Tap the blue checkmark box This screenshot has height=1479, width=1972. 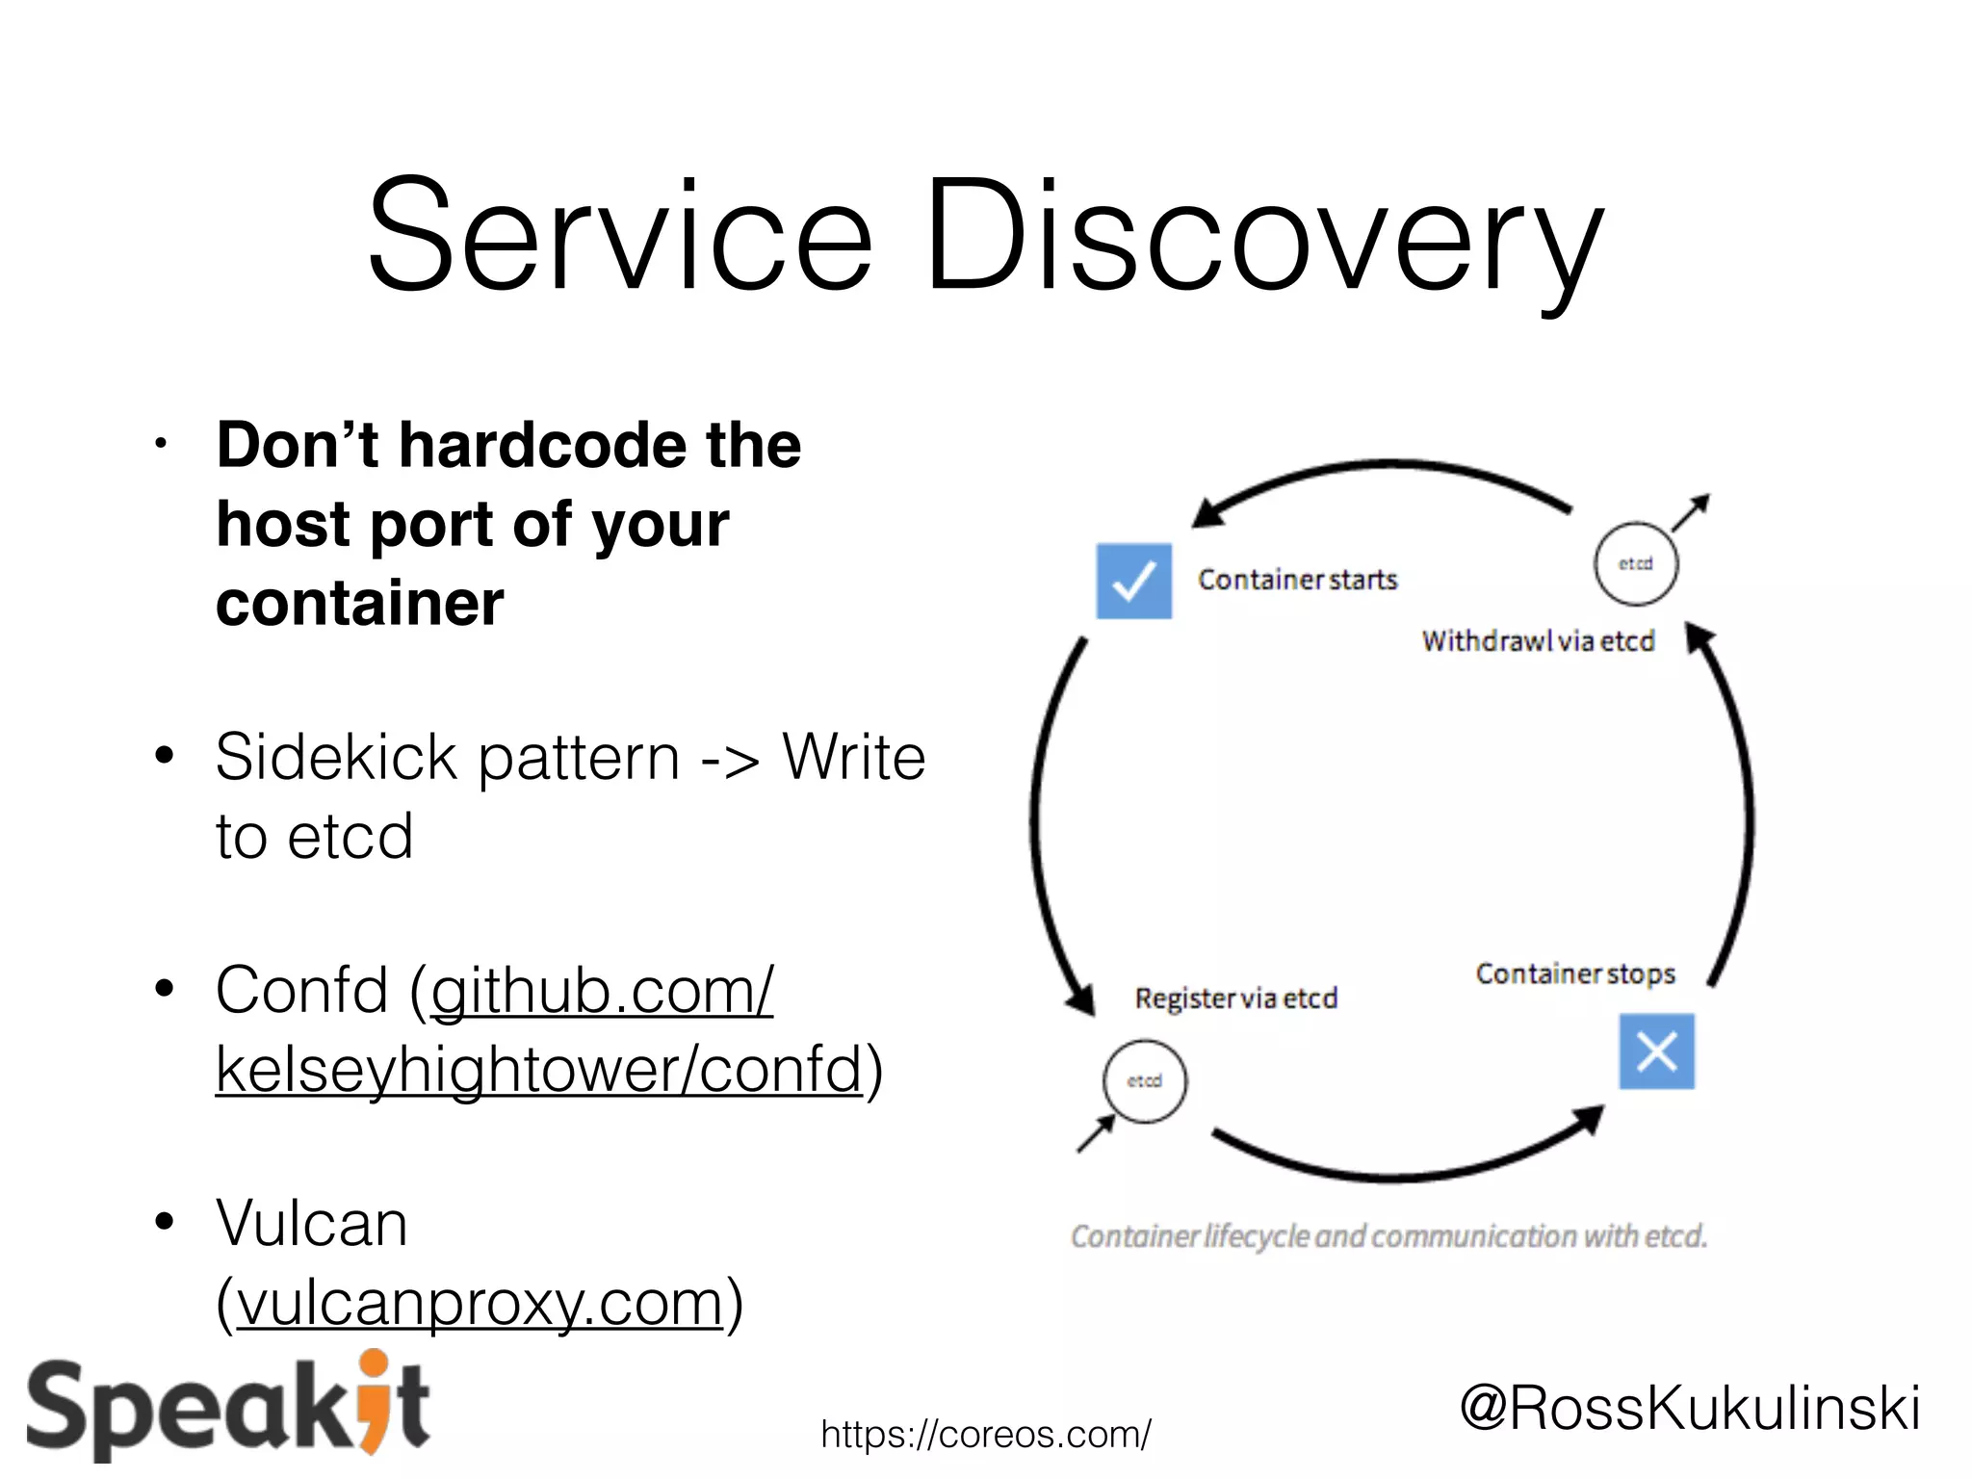click(x=1133, y=581)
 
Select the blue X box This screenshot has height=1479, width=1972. click(x=1656, y=1051)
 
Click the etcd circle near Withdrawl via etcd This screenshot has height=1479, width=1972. click(x=1635, y=564)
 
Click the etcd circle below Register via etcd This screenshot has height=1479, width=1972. click(x=1145, y=1081)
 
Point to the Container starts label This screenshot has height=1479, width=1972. click(x=1297, y=580)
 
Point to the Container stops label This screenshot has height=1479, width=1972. click(x=1575, y=973)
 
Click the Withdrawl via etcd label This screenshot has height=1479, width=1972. click(x=1538, y=641)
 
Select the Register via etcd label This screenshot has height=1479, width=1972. click(x=1235, y=999)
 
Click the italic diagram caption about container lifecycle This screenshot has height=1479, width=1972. click(x=1388, y=1236)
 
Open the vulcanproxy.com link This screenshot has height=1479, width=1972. click(x=480, y=1303)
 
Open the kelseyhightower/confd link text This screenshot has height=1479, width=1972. click(x=539, y=1070)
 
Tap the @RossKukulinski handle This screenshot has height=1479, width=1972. click(x=1690, y=1408)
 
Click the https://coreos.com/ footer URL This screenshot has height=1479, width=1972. click(x=985, y=1435)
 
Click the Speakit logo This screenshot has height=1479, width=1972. click(x=228, y=1408)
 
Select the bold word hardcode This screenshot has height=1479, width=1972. click(x=542, y=446)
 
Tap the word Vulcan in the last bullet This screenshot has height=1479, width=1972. click(x=312, y=1224)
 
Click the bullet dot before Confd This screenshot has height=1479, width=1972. click(x=165, y=989)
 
